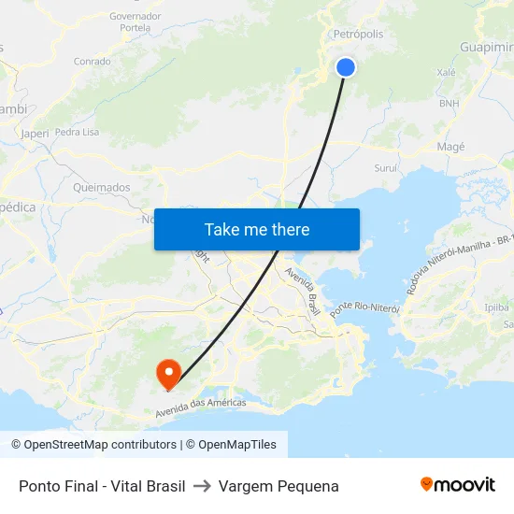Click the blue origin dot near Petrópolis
[346, 67]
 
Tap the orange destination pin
[169, 374]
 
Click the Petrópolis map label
[359, 34]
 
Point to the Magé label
[450, 147]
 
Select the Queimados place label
[101, 187]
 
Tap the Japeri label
[35, 134]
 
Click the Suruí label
[386, 168]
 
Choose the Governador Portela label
[136, 22]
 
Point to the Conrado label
[93, 62]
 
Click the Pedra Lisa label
[77, 133]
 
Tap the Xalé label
[446, 72]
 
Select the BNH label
[450, 103]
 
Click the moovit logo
[457, 485]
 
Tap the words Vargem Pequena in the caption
[278, 486]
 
